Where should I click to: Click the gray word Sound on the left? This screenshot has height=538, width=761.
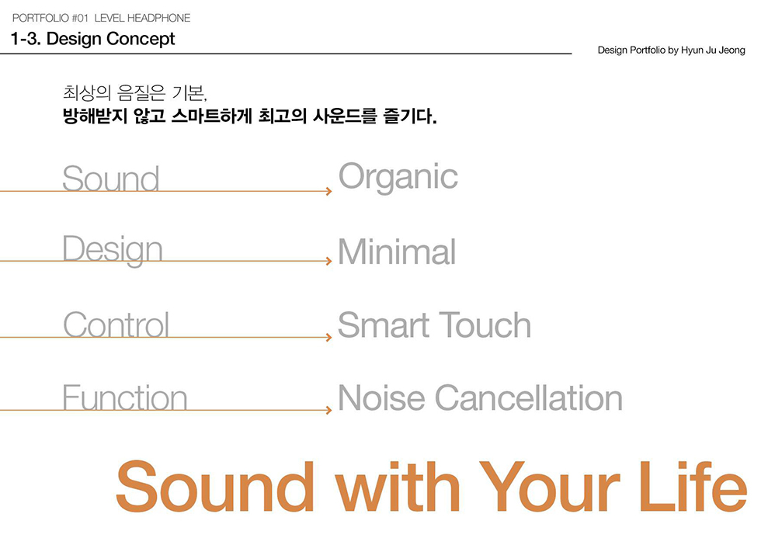110,179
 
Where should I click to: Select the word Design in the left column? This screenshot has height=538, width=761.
113,250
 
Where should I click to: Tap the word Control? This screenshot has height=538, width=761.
116,325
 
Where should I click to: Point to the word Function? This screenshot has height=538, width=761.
124,397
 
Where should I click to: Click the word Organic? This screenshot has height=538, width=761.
398,178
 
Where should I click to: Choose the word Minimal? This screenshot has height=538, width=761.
397,252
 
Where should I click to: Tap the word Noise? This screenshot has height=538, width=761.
381,398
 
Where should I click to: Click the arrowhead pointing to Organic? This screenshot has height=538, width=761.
329,191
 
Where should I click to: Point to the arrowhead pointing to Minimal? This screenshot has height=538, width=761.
329,262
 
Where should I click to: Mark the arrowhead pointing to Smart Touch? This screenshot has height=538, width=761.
329,338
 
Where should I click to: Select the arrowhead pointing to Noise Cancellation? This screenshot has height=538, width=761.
329,410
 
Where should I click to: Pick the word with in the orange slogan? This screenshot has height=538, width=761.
401,487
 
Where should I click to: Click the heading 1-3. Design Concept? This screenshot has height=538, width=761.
92,39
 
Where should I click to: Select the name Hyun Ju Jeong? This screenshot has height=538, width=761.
713,50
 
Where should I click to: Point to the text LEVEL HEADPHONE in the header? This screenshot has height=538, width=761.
142,18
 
